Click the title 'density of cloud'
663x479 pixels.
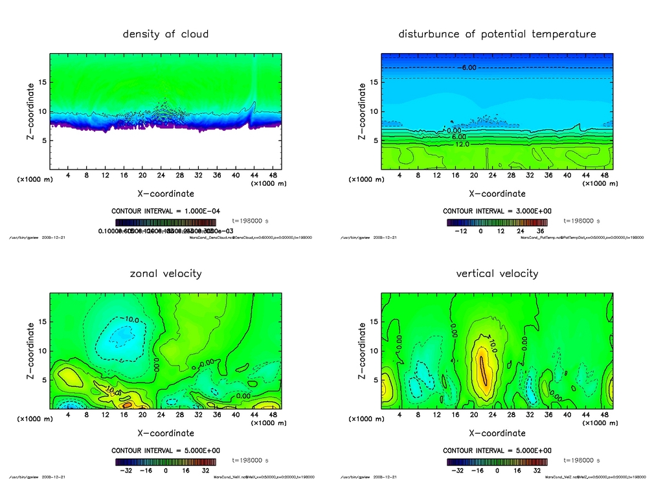pos(166,34)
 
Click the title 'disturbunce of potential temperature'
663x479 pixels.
pos(497,34)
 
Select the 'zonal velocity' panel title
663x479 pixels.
pos(166,273)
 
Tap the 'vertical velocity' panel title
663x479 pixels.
pos(497,273)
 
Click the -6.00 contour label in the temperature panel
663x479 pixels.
pos(467,67)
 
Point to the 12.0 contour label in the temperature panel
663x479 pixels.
pos(462,144)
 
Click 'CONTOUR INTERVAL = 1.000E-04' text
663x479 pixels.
pos(166,211)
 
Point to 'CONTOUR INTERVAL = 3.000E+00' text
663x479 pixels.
pos(497,211)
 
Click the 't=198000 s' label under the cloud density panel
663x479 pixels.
pos(250,221)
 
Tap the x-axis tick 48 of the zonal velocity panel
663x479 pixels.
pos(273,415)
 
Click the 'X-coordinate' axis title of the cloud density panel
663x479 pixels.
pos(166,193)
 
